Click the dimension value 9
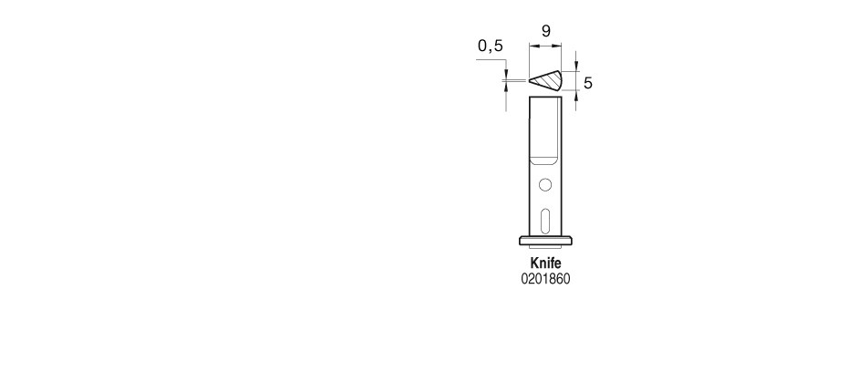coord(545,31)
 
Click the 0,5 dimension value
coord(491,46)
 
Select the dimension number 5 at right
coord(588,83)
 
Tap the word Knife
coord(545,263)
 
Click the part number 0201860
coord(545,279)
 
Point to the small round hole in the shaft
coord(545,185)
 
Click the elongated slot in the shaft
coord(545,222)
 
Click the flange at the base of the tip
coord(545,241)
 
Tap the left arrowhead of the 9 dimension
coord(533,46)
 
